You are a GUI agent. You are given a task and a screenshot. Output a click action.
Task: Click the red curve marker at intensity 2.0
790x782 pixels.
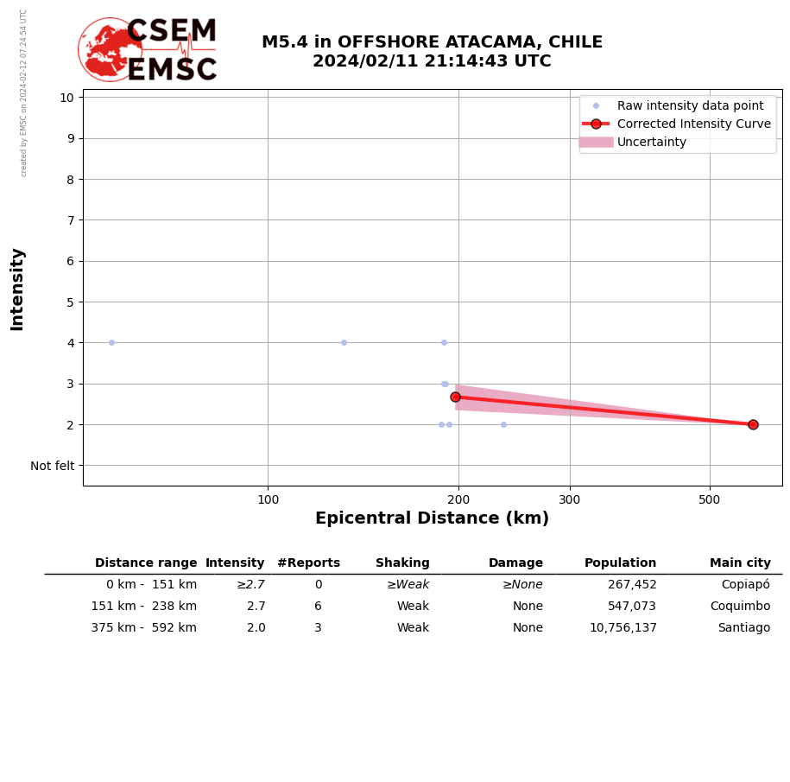pos(753,424)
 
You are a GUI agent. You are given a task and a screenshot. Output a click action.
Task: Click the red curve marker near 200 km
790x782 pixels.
pos(455,397)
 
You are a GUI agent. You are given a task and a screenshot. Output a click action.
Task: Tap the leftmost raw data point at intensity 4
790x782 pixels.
pos(111,342)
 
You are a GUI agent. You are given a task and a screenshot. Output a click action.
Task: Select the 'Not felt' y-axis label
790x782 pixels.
pos(53,466)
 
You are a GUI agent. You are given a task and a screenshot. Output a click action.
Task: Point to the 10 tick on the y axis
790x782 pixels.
pos(66,97)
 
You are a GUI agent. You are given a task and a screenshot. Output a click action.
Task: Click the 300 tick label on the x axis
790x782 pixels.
pos(570,499)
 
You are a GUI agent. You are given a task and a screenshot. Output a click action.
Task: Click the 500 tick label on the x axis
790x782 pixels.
pos(710,499)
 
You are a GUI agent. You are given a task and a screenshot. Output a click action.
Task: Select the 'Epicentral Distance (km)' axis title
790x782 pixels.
pos(432,518)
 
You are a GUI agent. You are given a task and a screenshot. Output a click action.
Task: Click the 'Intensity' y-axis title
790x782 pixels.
pos(17,289)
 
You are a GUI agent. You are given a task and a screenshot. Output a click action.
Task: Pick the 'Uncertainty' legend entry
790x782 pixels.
pos(651,142)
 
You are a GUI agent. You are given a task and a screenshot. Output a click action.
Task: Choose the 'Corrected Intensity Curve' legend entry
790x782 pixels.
pos(693,124)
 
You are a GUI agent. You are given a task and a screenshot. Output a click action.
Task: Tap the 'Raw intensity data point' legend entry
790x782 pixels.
pos(690,105)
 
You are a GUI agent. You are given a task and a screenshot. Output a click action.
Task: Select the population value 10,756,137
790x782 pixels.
pos(623,628)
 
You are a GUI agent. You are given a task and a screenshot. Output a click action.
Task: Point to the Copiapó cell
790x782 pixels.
pos(745,585)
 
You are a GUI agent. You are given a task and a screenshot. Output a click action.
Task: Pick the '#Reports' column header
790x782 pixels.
pos(308,563)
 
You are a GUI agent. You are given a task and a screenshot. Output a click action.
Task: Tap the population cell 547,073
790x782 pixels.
pos(631,607)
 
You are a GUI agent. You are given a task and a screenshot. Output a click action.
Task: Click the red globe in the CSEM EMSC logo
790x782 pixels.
pos(110,49)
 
